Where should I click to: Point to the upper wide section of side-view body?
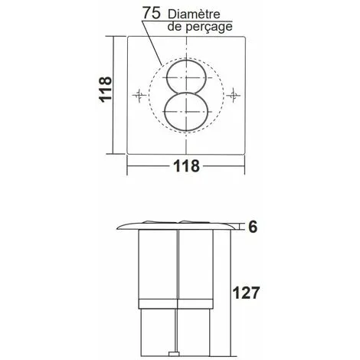pyautogui.click(x=178, y=264)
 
